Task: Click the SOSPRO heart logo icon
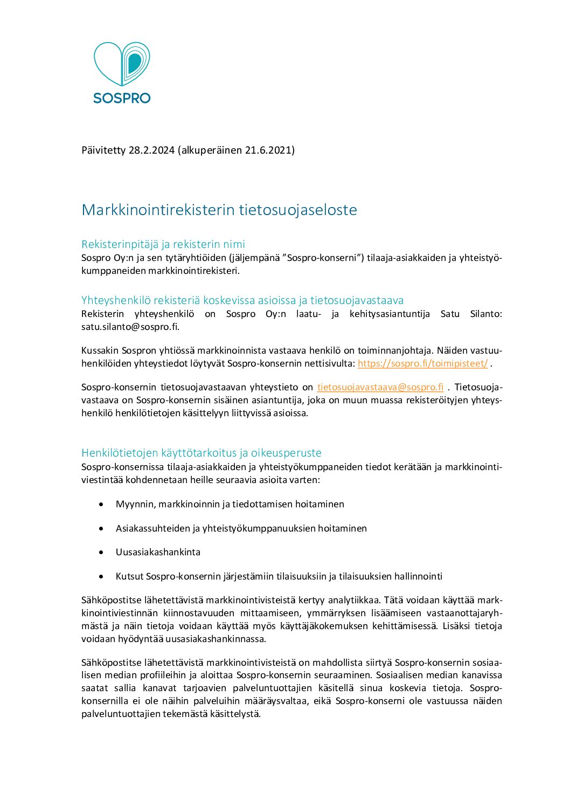[x=122, y=64]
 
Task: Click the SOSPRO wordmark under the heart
[x=122, y=98]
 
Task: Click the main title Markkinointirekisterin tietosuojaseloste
[x=219, y=210]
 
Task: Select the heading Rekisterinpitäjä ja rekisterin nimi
[x=163, y=244]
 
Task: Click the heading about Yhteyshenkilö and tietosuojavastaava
[x=242, y=300]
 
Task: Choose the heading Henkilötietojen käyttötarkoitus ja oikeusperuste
[x=201, y=453]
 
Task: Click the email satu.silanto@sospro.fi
[x=130, y=327]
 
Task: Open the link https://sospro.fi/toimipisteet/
[x=422, y=363]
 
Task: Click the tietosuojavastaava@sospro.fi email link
[x=380, y=387]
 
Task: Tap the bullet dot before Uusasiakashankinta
[x=101, y=552]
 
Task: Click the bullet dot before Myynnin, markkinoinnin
[x=101, y=504]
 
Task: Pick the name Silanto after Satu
[x=486, y=314]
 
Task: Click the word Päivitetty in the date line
[x=103, y=150]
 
